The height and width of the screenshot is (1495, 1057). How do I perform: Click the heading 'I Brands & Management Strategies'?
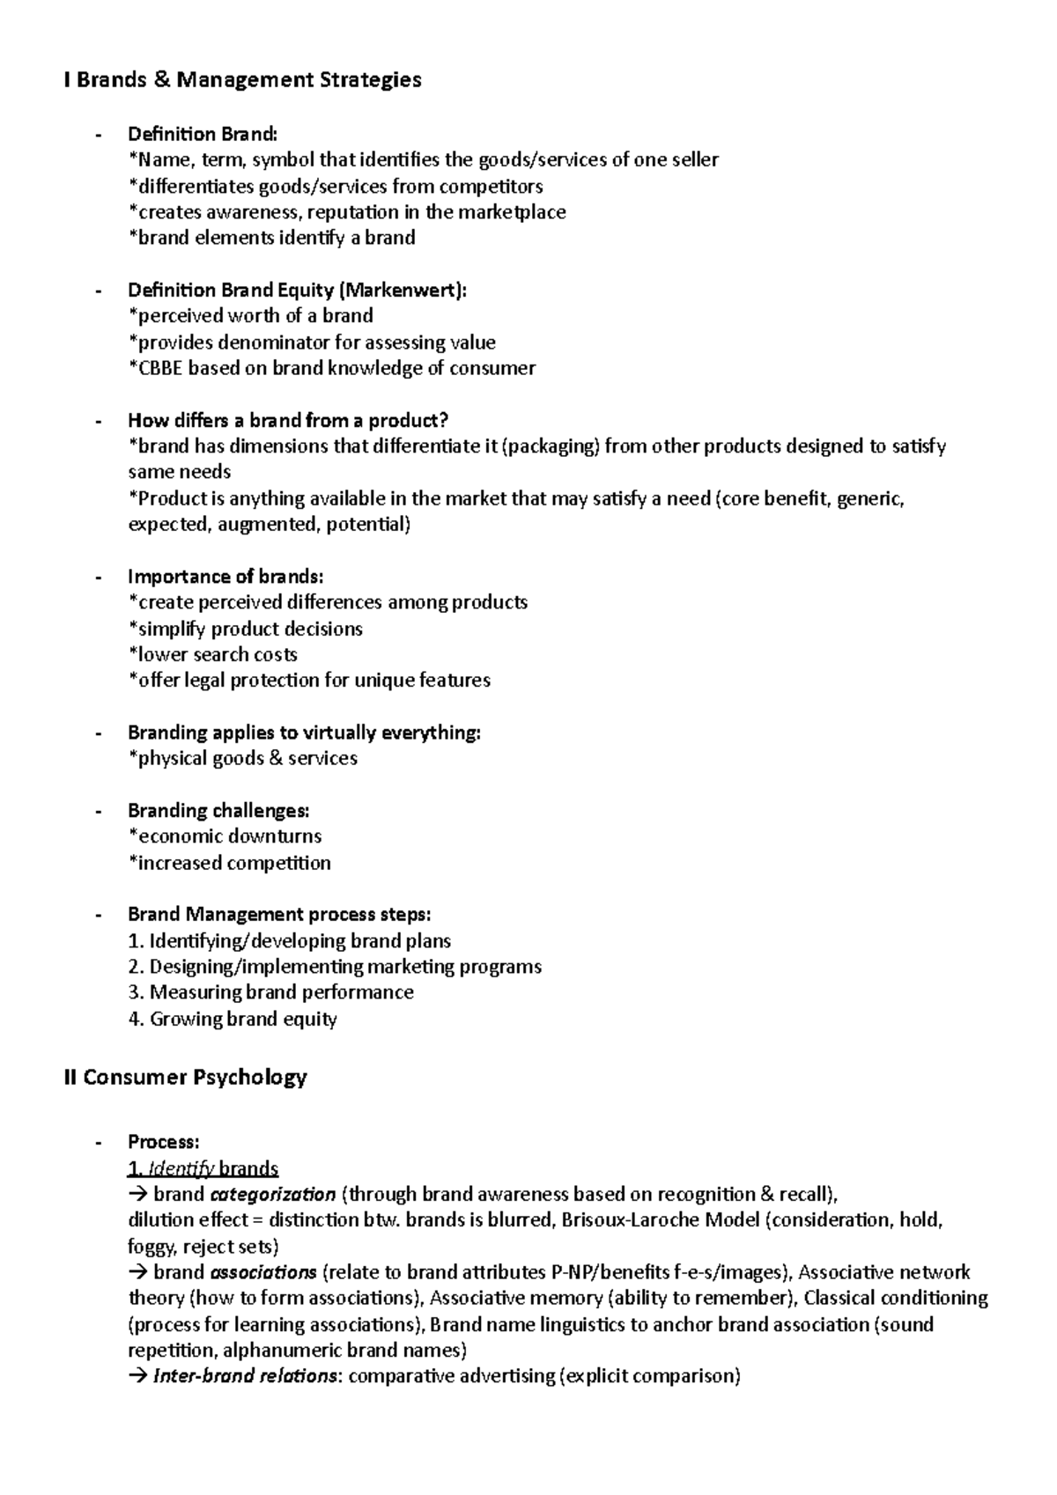[x=242, y=80]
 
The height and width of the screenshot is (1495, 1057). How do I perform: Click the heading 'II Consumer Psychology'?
[x=185, y=1077]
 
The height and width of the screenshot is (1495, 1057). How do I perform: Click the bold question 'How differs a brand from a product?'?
[x=288, y=420]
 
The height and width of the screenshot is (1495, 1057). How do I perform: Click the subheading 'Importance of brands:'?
[x=225, y=577]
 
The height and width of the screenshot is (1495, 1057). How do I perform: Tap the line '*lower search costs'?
[x=212, y=654]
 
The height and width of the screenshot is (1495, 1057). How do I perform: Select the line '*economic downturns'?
[x=225, y=836]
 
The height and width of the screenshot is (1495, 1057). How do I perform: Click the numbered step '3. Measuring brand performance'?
[x=270, y=992]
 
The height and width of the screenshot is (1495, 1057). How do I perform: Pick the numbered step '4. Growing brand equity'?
[x=233, y=1019]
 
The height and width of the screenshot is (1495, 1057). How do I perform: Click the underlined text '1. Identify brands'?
[x=203, y=1168]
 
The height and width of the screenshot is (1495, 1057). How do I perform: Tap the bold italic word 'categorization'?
[x=272, y=1195]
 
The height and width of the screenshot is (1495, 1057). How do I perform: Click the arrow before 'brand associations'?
[x=138, y=1272]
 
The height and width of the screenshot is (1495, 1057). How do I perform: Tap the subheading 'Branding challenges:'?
[x=218, y=810]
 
